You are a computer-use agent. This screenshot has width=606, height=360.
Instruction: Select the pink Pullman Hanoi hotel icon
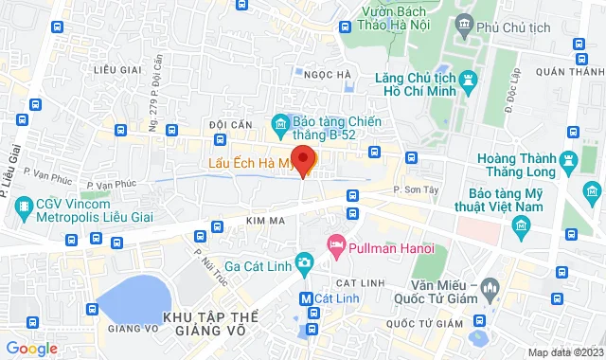[x=336, y=246]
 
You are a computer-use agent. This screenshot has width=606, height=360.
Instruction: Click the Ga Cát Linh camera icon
[x=305, y=261]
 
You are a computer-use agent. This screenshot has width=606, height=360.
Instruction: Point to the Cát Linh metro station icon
[x=305, y=297]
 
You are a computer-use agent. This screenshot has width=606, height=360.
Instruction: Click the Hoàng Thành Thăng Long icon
[x=568, y=158]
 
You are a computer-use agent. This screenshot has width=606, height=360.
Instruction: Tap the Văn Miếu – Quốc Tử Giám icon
[x=490, y=286]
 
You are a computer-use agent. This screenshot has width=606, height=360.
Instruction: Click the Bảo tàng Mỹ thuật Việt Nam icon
[x=519, y=225]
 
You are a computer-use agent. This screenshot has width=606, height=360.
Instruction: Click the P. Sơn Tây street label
[x=414, y=190]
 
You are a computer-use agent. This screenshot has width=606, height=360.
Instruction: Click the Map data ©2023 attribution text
[x=562, y=352]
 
